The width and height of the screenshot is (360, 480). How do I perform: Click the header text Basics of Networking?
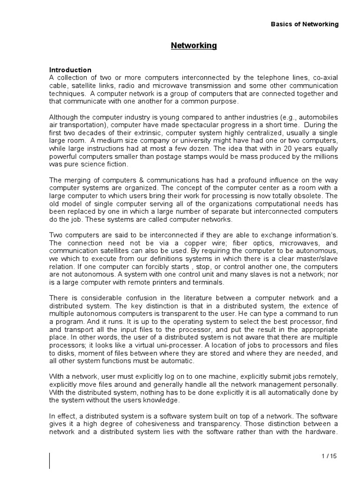pyautogui.click(x=304, y=24)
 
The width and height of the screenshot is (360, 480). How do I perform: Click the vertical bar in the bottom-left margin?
pyautogui.click(x=50, y=460)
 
